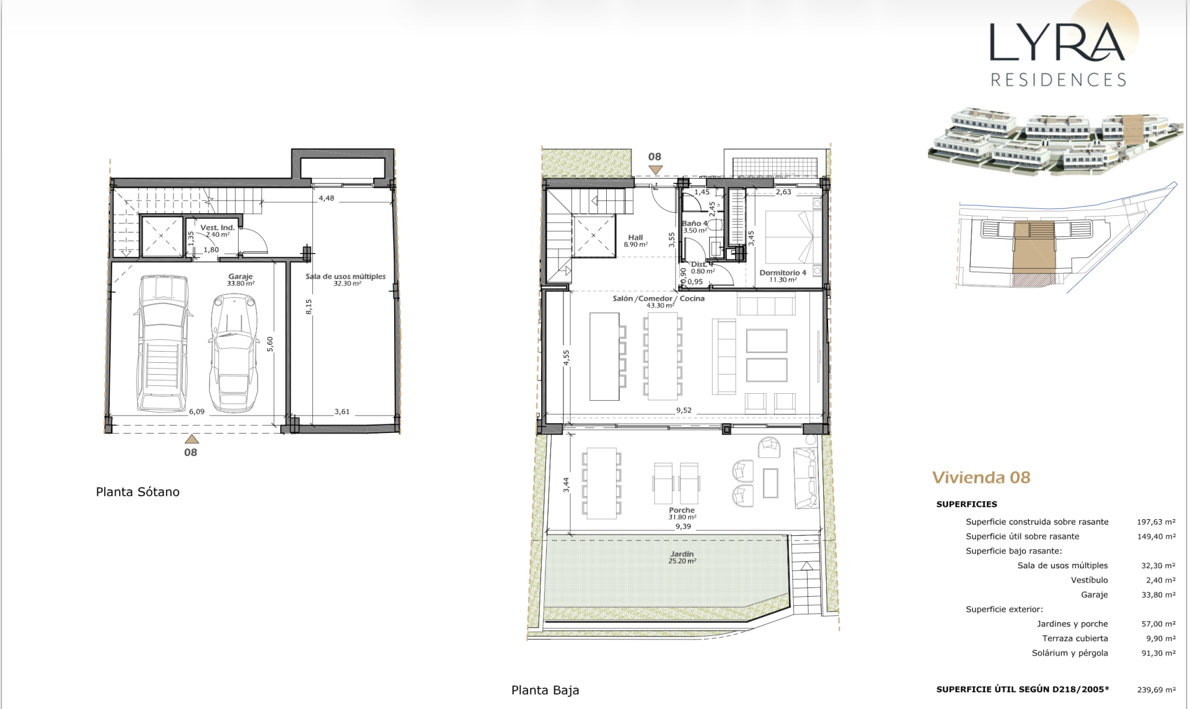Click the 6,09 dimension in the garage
(196, 411)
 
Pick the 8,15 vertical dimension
(309, 306)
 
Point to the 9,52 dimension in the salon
(684, 410)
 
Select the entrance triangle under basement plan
(192, 439)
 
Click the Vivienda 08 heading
(981, 477)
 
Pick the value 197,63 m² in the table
(1156, 522)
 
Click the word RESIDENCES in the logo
(1058, 79)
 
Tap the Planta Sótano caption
(138, 492)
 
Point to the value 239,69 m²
(1156, 689)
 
